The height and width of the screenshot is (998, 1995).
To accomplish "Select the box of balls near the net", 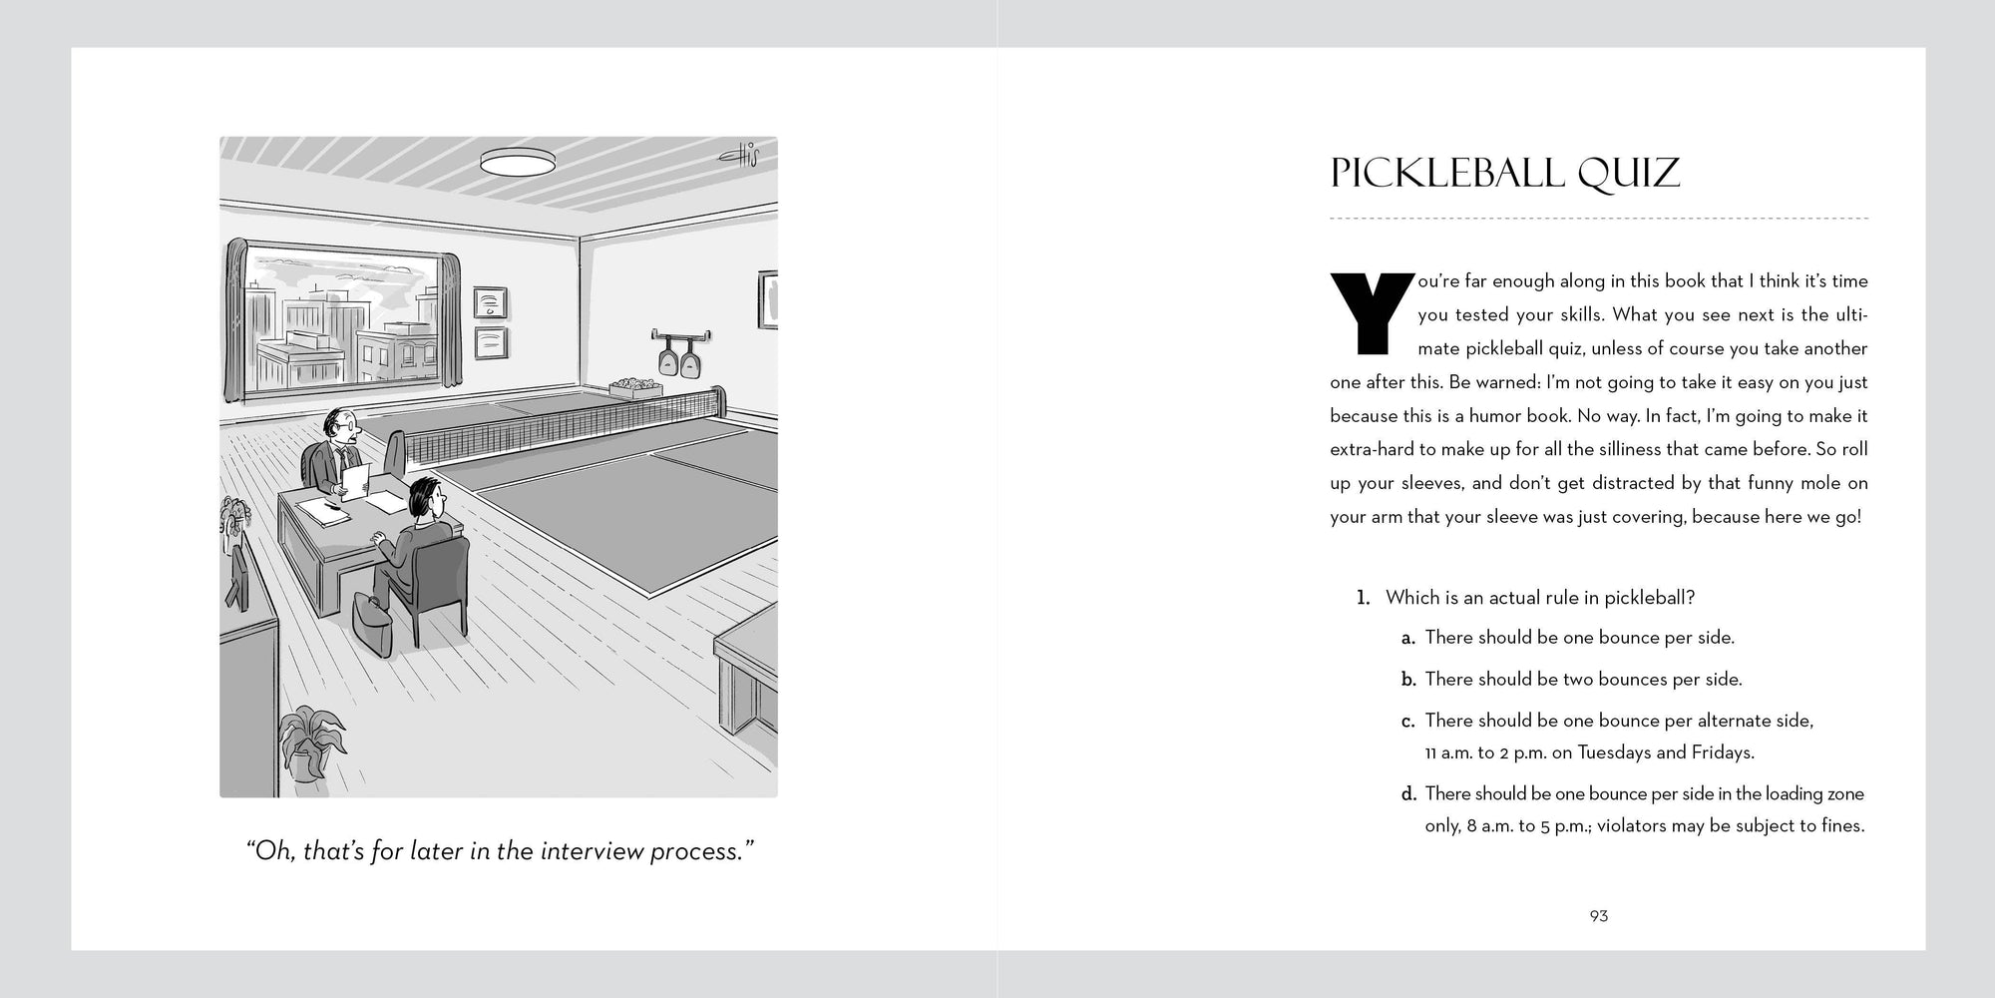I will pos(634,386).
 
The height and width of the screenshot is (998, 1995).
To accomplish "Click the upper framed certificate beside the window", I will pos(490,301).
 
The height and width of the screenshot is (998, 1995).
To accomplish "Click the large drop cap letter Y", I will pos(1372,313).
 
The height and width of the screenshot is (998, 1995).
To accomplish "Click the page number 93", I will pos(1599,916).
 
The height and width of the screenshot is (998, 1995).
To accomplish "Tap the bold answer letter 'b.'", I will pos(1408,680).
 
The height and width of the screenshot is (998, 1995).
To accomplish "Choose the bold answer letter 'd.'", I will pos(1408,794).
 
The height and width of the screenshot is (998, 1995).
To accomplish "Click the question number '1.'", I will pos(1363,598).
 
